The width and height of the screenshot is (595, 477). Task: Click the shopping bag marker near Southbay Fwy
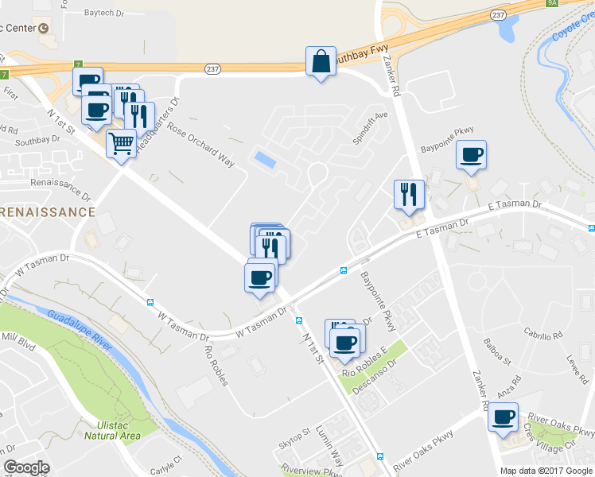[320, 62]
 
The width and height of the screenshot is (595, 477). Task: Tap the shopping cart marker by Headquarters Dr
[121, 144]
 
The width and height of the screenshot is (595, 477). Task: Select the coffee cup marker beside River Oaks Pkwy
[502, 417]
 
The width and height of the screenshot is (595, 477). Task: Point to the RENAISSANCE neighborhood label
[48, 212]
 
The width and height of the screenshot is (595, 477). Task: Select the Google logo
[26, 467]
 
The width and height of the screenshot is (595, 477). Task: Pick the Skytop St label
[294, 437]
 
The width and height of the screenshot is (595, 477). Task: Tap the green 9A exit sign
[552, 3]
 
